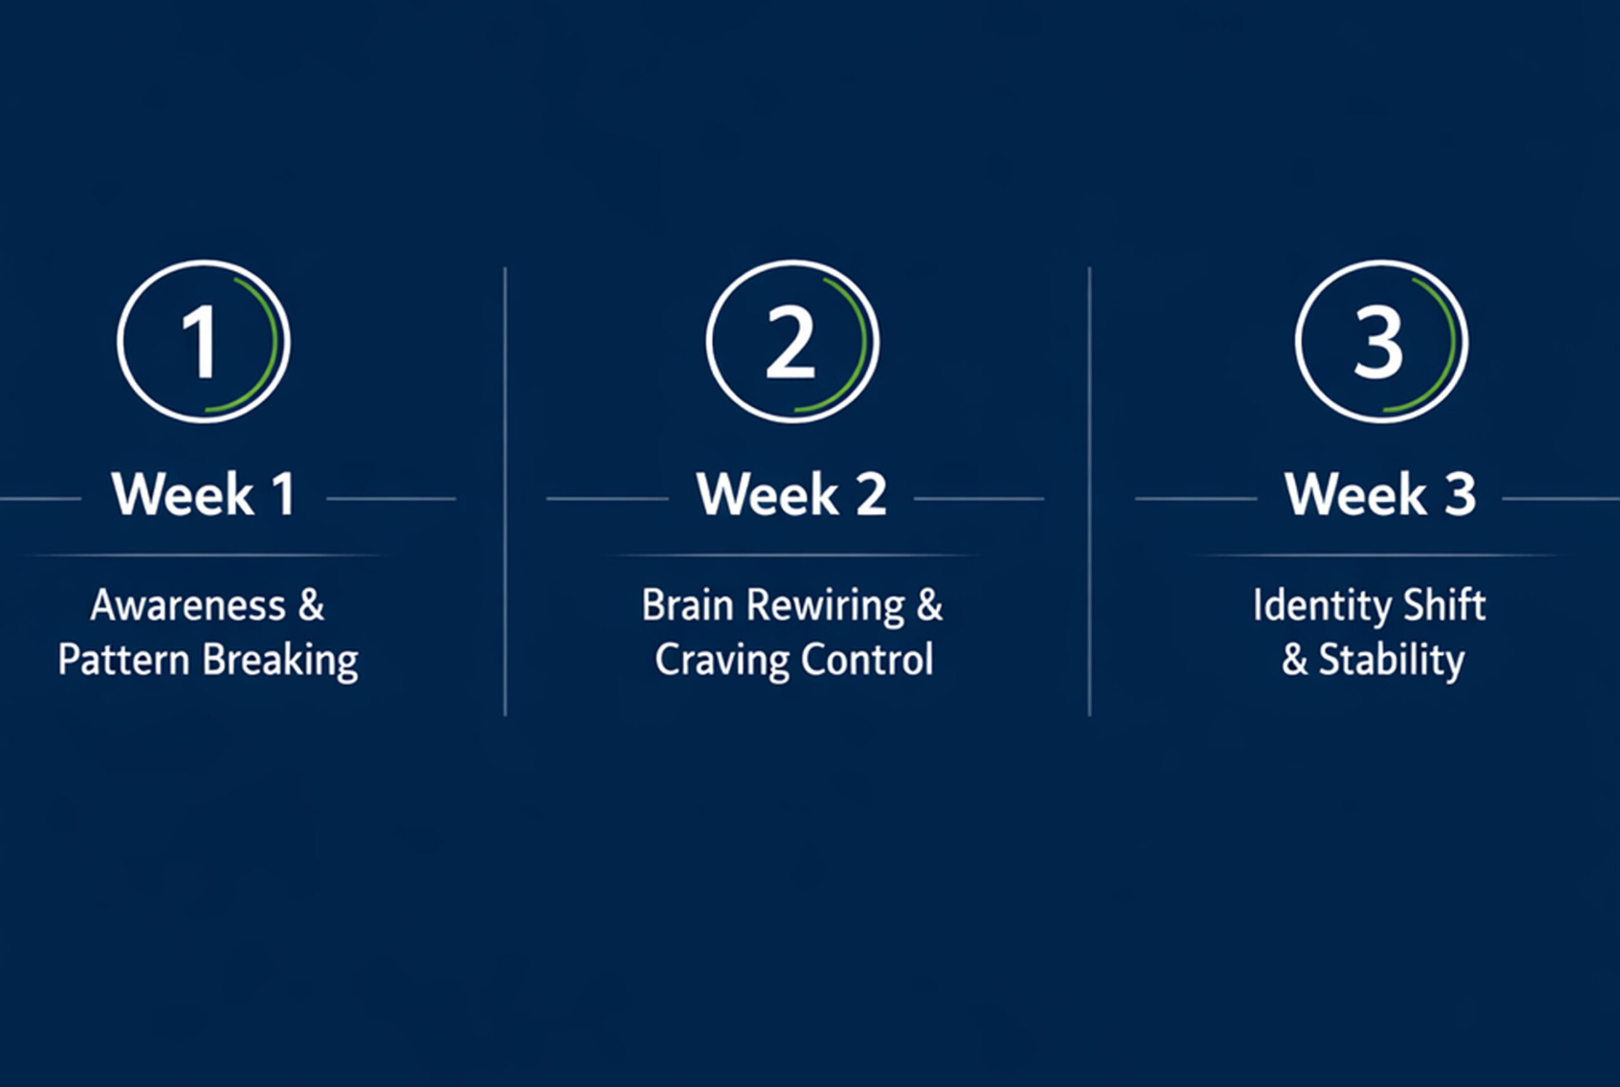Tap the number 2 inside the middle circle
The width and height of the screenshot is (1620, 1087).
click(x=790, y=342)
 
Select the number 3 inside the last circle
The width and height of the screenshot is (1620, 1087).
click(x=1379, y=342)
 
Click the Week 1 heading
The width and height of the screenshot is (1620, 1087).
click(x=204, y=494)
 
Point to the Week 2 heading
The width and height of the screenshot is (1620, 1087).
click(x=792, y=494)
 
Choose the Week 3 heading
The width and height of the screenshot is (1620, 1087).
click(x=1380, y=494)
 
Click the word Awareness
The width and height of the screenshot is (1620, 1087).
click(x=188, y=606)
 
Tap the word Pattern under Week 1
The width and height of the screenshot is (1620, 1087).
click(x=123, y=659)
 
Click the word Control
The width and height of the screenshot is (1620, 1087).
click(x=868, y=659)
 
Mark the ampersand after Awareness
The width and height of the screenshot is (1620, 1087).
click(x=312, y=606)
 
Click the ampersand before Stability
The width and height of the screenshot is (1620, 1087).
click(x=1294, y=659)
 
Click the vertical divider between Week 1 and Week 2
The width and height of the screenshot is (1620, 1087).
click(x=506, y=492)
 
